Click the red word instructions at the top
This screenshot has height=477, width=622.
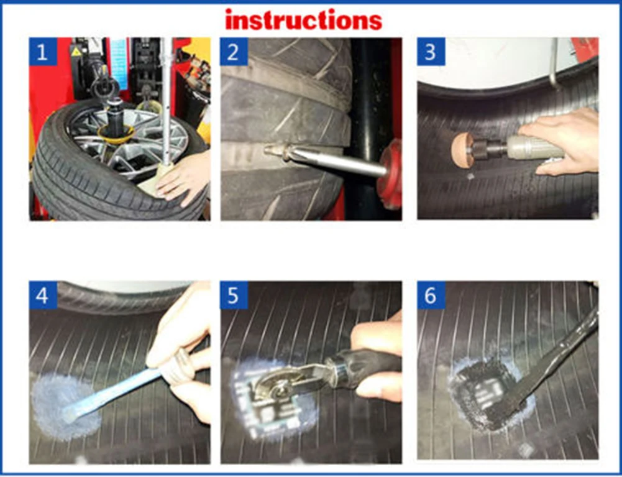click(303, 21)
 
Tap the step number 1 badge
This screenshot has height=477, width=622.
click(43, 52)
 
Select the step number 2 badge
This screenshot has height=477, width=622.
click(234, 52)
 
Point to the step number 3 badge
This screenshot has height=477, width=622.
click(431, 52)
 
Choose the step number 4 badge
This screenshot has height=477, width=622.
click(43, 295)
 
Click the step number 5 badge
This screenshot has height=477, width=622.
click(234, 295)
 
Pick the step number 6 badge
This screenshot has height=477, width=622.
click(431, 295)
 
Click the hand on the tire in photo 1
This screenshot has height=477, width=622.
click(183, 177)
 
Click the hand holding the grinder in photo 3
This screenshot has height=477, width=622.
click(563, 142)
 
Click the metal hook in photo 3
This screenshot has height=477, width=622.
click(554, 63)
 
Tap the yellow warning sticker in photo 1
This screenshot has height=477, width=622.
click(76, 51)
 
